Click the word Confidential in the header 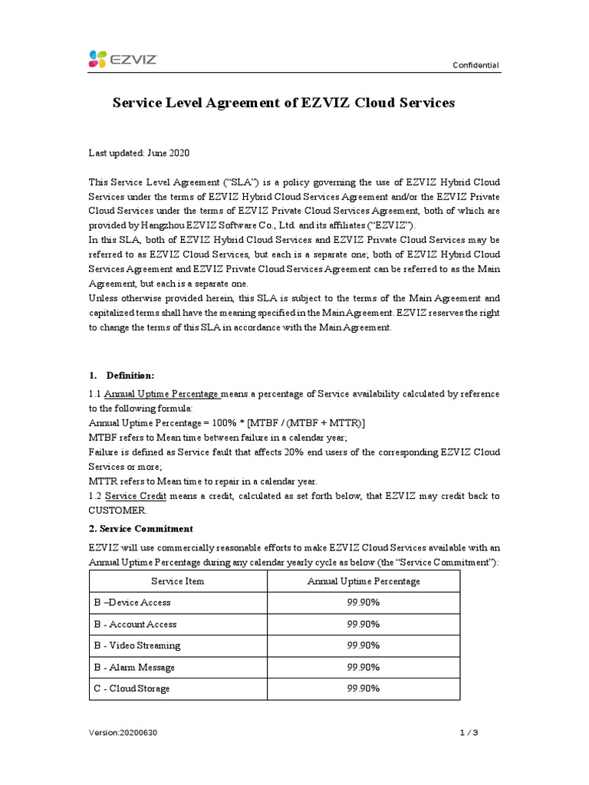pyautogui.click(x=475, y=66)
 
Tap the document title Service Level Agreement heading pyautogui.click(x=284, y=102)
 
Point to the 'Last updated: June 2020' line pyautogui.click(x=139, y=153)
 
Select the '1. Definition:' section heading pyautogui.click(x=122, y=375)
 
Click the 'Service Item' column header pyautogui.click(x=177, y=581)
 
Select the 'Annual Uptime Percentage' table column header pyautogui.click(x=364, y=581)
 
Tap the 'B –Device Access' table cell pyautogui.click(x=130, y=603)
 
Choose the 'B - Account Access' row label pyautogui.click(x=133, y=624)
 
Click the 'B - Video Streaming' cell pyautogui.click(x=136, y=645)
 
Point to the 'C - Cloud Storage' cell pyautogui.click(x=130, y=688)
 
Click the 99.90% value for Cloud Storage pyautogui.click(x=364, y=688)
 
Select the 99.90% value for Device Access pyautogui.click(x=364, y=603)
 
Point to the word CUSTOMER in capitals pyautogui.click(x=116, y=511)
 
